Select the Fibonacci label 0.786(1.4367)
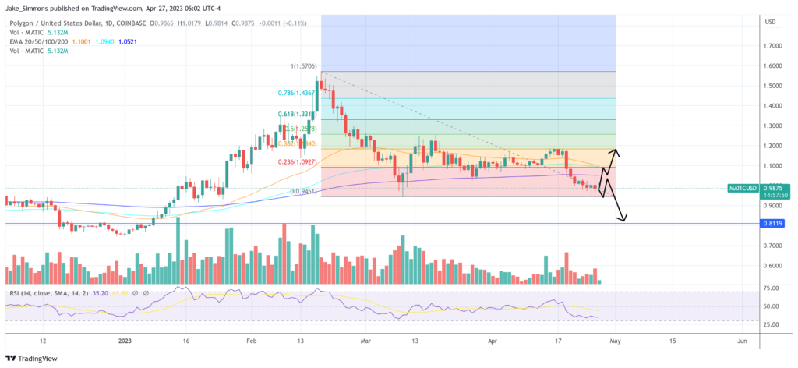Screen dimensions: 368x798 [296, 93]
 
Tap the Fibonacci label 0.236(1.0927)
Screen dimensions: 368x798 [296, 161]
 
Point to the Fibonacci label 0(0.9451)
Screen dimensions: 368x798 [302, 191]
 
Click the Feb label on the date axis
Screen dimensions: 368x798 [251, 341]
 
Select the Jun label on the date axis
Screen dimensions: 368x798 [742, 341]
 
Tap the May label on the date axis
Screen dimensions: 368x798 [615, 341]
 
